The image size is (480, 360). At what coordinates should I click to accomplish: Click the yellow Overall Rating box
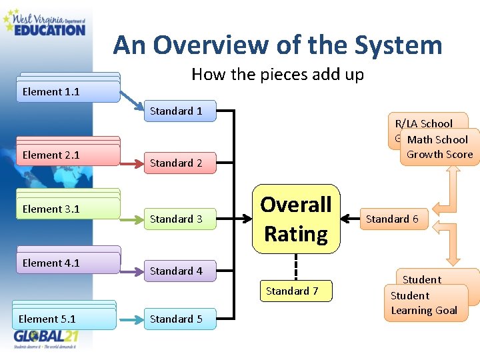tap(296, 219)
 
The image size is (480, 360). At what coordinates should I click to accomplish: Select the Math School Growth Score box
tap(439, 147)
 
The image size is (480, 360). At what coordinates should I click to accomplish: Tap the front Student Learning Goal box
tap(424, 303)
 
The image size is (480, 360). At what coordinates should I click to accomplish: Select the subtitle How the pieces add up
tap(277, 74)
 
